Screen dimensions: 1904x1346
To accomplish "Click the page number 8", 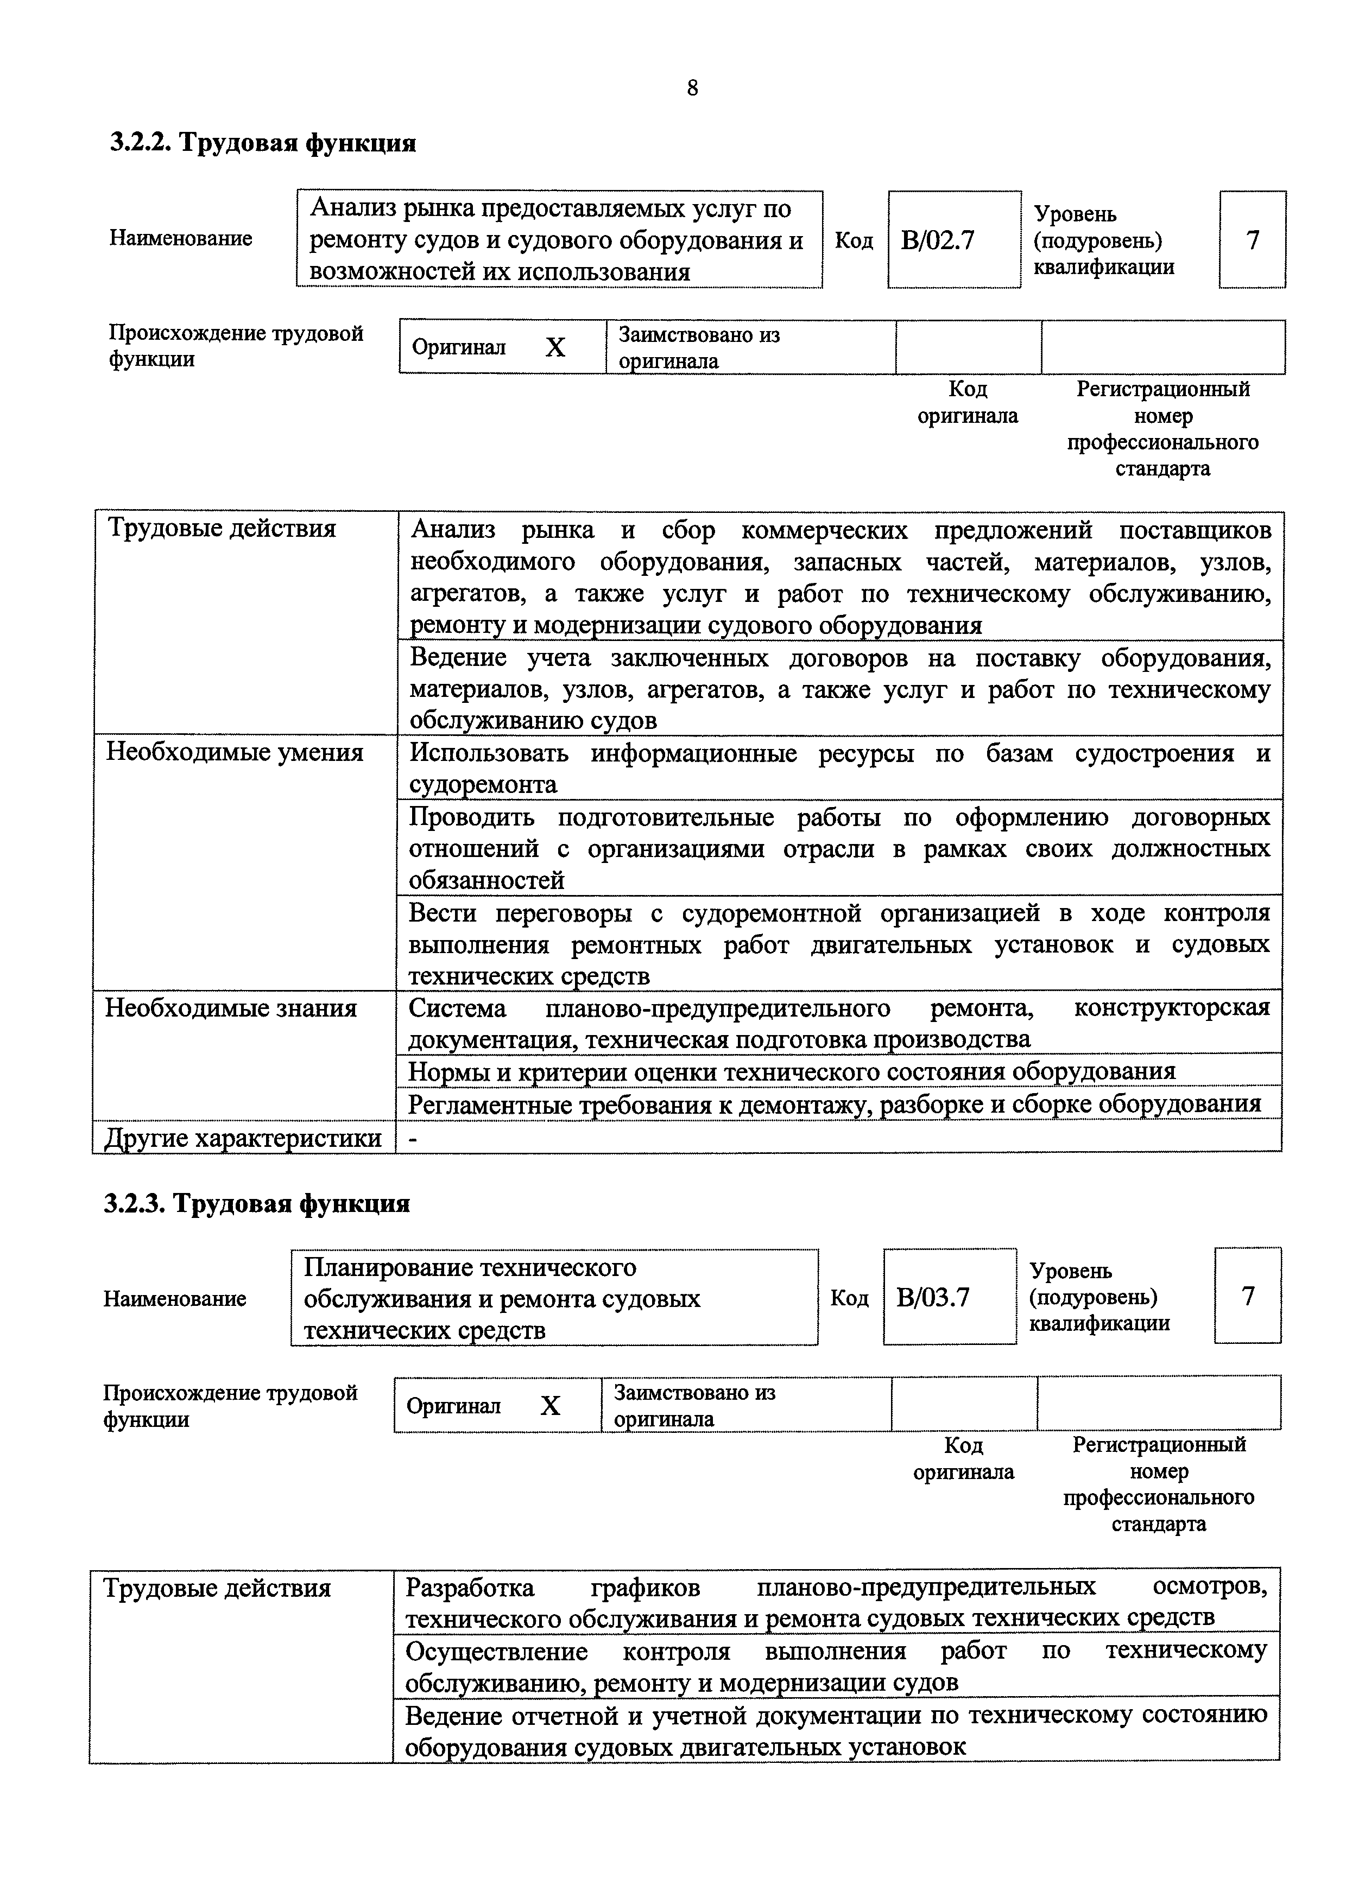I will tap(692, 88).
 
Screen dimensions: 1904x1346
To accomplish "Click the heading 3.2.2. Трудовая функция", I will tap(263, 143).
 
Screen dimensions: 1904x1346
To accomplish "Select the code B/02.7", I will tap(938, 240).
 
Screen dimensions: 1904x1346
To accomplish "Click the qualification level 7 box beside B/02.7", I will tap(1252, 240).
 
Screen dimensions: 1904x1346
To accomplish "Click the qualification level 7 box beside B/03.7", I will tap(1247, 1296).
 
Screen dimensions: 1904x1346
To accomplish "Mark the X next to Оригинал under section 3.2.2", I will tap(555, 347).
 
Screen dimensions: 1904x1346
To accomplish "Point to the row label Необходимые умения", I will tap(235, 753).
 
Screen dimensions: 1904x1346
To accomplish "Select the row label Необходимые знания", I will tap(231, 1008).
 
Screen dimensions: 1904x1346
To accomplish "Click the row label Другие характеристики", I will tap(243, 1138).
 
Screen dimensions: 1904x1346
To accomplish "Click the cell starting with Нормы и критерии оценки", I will tap(792, 1071).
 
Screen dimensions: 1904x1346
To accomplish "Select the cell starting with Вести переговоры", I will tap(838, 944).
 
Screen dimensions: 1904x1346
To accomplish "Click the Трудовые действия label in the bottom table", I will tap(217, 1588).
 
